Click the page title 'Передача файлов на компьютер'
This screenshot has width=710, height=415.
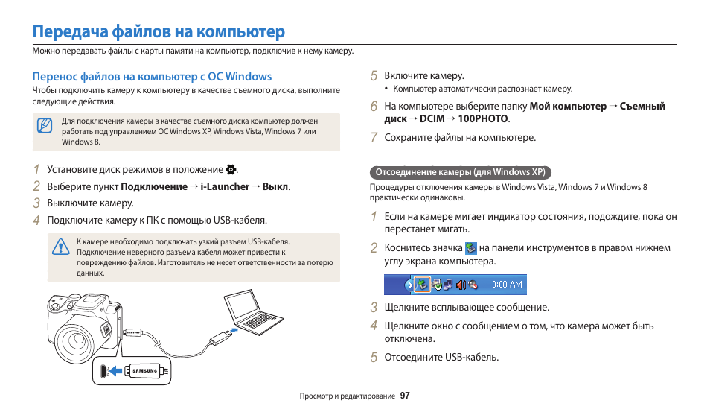pyautogui.click(x=159, y=31)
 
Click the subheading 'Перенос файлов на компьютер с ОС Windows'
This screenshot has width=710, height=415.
pyautogui.click(x=152, y=76)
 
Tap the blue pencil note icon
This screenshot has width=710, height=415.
pyautogui.click(x=45, y=125)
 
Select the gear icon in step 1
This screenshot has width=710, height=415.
pyautogui.click(x=231, y=169)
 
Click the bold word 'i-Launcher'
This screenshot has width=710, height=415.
pyautogui.click(x=225, y=186)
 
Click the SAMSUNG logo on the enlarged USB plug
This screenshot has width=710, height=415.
pyautogui.click(x=145, y=370)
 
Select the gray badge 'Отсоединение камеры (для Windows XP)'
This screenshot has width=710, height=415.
pyautogui.click(x=460, y=172)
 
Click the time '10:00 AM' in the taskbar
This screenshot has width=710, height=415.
pyautogui.click(x=505, y=284)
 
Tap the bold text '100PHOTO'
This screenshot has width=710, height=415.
pyautogui.click(x=483, y=118)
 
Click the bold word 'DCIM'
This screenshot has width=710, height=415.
pyautogui.click(x=432, y=118)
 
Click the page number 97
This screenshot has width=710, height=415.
pyautogui.click(x=405, y=396)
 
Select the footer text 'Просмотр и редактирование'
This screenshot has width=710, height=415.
pyautogui.click(x=347, y=396)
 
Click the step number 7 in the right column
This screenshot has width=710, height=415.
pyautogui.click(x=374, y=138)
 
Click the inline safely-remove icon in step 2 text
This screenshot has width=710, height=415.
pyautogui.click(x=470, y=248)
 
